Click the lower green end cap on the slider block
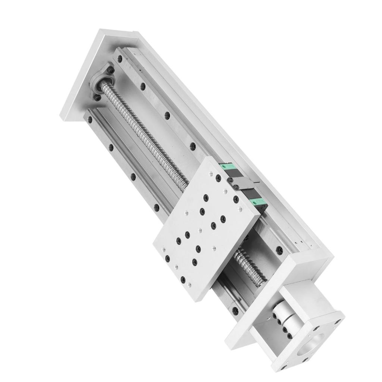coord(257,203)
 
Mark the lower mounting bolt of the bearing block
coord(97,97)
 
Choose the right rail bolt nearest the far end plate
coord(120,59)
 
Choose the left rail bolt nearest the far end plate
coord(90,120)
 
